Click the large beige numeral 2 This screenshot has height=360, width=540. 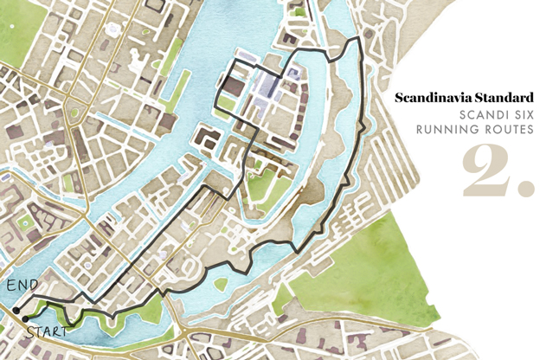point(488,170)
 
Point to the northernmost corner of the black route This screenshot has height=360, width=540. point(355,39)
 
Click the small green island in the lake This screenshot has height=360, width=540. point(222,283)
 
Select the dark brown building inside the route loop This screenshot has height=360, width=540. point(232,87)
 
